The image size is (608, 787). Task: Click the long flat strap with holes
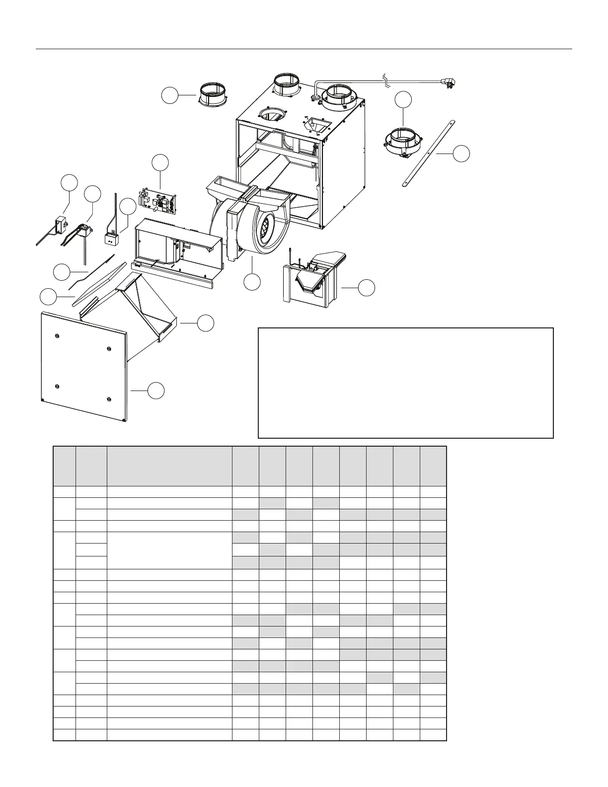click(x=428, y=153)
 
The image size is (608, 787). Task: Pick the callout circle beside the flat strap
click(x=461, y=154)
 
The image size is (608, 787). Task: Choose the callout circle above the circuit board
click(x=160, y=162)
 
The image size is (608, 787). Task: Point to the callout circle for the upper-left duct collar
click(x=170, y=96)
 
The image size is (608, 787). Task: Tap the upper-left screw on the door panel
click(x=58, y=336)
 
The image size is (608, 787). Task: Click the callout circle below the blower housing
click(x=253, y=282)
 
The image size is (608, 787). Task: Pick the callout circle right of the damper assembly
click(x=367, y=288)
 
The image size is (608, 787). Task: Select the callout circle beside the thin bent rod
click(x=61, y=272)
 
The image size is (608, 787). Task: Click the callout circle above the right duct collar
click(x=404, y=99)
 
